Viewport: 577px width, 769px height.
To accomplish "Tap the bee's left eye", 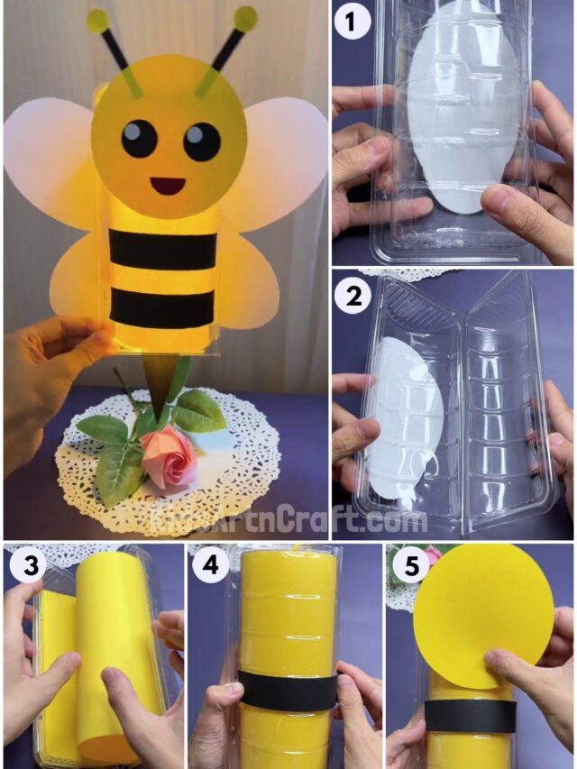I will tap(139, 138).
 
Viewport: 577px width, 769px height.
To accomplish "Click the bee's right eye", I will tap(201, 141).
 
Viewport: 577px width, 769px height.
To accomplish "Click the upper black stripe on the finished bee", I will tap(163, 249).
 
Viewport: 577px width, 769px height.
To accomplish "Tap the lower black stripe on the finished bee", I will tap(162, 308).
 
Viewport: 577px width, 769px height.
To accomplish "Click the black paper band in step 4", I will tap(288, 690).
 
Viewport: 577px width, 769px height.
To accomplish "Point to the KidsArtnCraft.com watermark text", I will tap(289, 520).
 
